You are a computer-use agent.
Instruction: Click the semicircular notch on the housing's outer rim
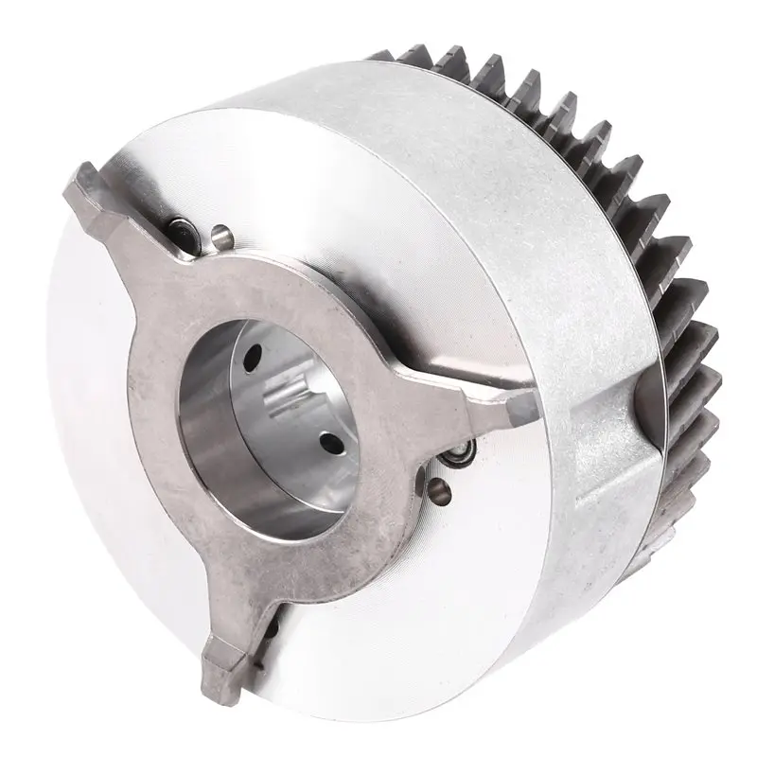[647, 397]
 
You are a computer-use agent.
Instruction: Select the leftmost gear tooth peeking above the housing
[416, 59]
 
